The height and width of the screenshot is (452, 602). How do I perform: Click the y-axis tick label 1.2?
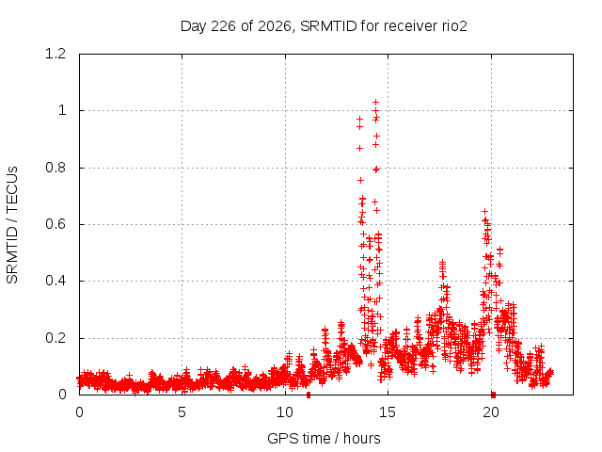coord(55,54)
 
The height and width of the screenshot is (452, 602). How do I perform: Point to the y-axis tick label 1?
coord(62,111)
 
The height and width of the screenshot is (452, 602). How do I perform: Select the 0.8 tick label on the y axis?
coord(55,168)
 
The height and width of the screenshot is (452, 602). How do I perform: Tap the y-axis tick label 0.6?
coord(55,224)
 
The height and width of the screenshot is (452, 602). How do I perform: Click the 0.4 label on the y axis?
coord(55,281)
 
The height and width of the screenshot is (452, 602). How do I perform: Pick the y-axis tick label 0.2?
coord(55,338)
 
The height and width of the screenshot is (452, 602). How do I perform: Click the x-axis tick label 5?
coord(182,412)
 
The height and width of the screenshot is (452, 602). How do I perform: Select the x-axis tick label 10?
coord(285,412)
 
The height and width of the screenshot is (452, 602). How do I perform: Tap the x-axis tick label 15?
coord(388,412)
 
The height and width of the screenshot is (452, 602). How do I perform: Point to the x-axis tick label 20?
coord(491,412)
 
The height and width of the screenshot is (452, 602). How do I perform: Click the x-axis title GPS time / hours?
coord(324,439)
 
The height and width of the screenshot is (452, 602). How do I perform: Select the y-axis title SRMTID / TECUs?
coord(12,225)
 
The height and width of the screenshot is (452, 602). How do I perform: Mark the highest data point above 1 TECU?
coord(376,103)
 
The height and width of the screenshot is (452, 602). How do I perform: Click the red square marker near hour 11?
coord(309,395)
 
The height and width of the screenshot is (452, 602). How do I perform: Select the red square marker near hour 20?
coord(493,395)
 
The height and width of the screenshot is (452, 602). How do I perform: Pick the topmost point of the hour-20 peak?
coord(485,211)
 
